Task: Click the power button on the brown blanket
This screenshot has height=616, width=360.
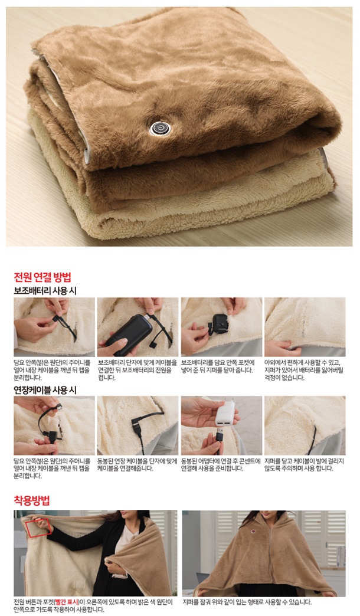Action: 159,128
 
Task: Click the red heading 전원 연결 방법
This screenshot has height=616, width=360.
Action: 42,277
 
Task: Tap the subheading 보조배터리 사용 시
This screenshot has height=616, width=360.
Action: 45,291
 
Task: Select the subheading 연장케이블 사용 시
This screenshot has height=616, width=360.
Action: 45,390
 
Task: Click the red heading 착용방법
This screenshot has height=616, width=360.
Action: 32,500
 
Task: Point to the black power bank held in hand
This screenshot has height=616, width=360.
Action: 129,335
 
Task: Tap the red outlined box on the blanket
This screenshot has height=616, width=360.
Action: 38,527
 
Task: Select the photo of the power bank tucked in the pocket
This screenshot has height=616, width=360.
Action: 222,327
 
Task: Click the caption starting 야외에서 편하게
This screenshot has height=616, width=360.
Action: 302,370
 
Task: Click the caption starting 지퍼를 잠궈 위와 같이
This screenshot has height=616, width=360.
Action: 247,602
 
